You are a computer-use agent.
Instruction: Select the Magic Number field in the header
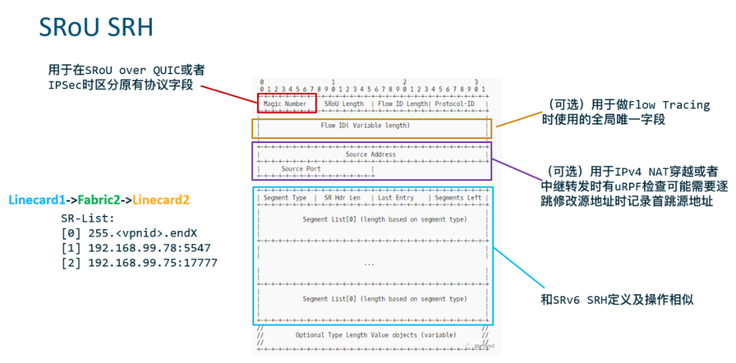pos(285,104)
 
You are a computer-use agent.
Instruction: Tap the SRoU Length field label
pos(343,104)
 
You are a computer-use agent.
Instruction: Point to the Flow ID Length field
pos(402,104)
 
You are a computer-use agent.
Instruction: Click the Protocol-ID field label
pos(455,104)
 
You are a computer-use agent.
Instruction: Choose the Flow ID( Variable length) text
pos(365,125)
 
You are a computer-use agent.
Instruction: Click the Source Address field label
pos(370,155)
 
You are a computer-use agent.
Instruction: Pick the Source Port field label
pos(301,169)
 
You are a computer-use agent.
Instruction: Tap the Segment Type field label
pos(285,198)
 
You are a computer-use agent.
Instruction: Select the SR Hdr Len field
pos(342,198)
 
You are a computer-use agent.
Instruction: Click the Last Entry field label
pos(396,198)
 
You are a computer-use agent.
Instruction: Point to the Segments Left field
pos(457,198)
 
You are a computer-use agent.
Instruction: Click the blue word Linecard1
pos(37,200)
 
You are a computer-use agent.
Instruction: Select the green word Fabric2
pos(99,200)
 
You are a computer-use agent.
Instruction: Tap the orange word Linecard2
pos(161,200)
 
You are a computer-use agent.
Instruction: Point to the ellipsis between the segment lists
pos(369,263)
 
